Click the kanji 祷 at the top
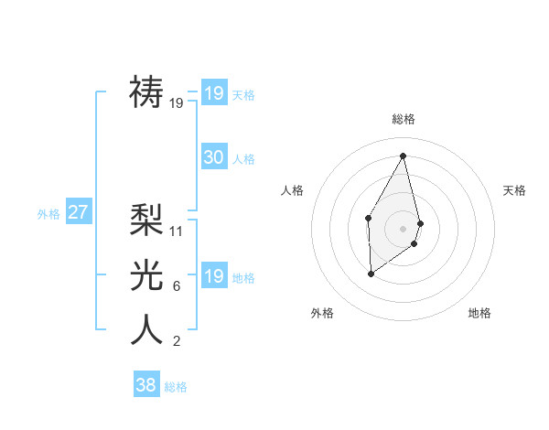(x=147, y=91)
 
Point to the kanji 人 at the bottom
(x=147, y=329)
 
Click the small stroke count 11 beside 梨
(x=177, y=231)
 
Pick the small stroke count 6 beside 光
(x=176, y=286)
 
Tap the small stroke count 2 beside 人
(x=176, y=341)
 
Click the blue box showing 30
(x=213, y=157)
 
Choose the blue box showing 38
(x=145, y=385)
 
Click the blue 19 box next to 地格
(x=213, y=276)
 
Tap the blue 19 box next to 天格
(x=213, y=93)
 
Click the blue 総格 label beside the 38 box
(x=176, y=387)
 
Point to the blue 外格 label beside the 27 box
(x=48, y=214)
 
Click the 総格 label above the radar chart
(x=403, y=119)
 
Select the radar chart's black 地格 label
(x=479, y=313)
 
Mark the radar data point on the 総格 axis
(x=403, y=155)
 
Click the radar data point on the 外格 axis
(x=371, y=273)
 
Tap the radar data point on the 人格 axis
(x=368, y=217)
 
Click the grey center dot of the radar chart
(x=403, y=228)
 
